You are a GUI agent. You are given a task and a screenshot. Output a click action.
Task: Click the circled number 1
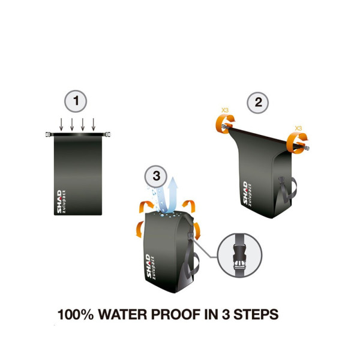point(76,101)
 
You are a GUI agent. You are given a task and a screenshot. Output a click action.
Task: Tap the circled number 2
point(258,103)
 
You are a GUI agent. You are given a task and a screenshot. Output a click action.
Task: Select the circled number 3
point(156,176)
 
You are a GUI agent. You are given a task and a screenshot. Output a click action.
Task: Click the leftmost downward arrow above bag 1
point(61,125)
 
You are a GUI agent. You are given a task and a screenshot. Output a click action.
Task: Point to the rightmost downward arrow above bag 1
point(94,125)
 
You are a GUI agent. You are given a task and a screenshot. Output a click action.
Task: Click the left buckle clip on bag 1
point(48,134)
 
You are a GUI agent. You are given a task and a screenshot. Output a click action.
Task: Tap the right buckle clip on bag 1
point(107,134)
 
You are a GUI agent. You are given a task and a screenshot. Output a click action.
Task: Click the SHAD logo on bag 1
point(59,202)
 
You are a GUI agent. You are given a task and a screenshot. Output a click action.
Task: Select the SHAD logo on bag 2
point(245,193)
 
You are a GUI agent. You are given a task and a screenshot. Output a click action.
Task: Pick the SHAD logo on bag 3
point(148,266)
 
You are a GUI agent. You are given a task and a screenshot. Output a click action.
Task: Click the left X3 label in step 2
point(225,110)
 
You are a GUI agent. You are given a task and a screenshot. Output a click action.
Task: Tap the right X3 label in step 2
point(298,128)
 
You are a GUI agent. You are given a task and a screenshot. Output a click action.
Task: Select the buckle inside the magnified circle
point(239,260)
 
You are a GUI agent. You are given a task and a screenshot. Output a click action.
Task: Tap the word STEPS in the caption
point(256,314)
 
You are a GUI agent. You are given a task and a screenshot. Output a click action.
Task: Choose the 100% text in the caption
point(76,314)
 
